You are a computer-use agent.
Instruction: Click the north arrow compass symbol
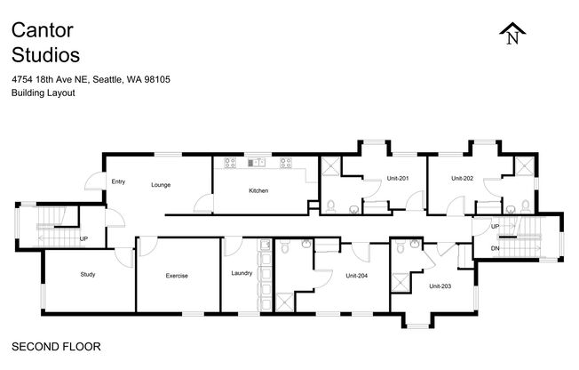click(512, 34)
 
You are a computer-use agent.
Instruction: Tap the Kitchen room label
click(258, 190)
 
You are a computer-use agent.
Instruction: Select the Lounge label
click(161, 185)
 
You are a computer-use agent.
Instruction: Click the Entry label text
click(118, 181)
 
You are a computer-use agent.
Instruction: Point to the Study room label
click(88, 274)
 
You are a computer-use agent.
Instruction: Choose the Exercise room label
click(177, 276)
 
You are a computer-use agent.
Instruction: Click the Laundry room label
click(242, 273)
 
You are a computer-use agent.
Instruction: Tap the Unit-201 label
click(398, 179)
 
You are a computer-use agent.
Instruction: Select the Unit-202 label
click(463, 179)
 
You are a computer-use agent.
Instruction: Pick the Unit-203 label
click(440, 286)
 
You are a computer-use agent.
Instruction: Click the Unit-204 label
click(357, 276)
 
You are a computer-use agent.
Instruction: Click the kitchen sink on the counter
click(257, 162)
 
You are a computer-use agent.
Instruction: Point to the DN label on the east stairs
click(496, 248)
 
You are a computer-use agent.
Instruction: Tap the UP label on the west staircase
click(83, 239)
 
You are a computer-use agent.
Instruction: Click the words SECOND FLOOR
click(56, 347)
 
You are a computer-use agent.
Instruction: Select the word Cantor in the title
click(43, 30)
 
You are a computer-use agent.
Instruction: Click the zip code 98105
click(157, 79)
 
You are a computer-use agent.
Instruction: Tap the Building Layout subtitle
click(44, 92)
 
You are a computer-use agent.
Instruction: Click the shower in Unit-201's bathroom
click(331, 166)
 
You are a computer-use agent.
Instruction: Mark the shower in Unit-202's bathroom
click(524, 165)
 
